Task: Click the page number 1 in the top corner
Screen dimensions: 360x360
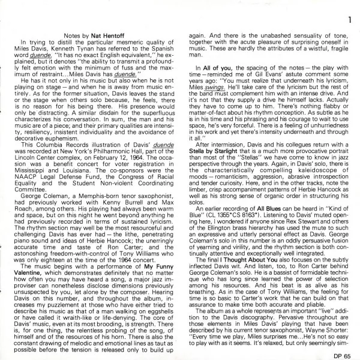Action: [x=348, y=7]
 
